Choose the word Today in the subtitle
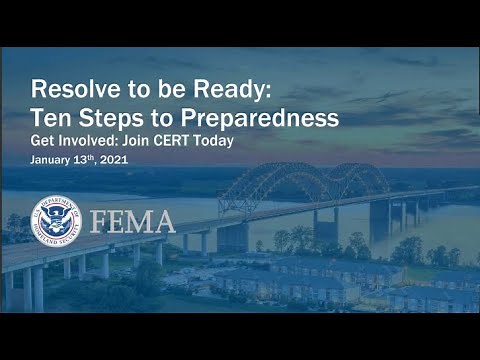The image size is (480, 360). (x=214, y=141)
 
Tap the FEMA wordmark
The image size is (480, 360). (x=133, y=222)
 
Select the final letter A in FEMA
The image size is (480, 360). (x=164, y=222)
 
